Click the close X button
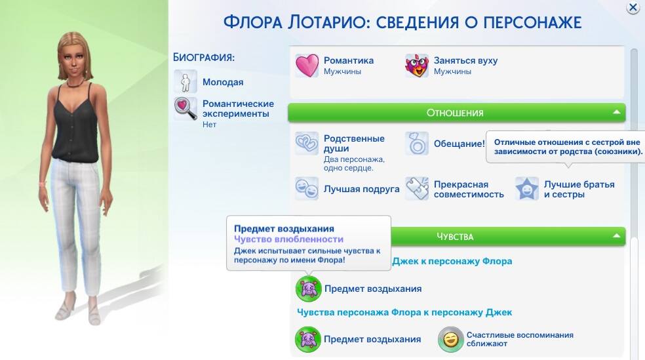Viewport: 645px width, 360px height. tap(633, 7)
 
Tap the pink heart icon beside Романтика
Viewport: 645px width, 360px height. tap(307, 66)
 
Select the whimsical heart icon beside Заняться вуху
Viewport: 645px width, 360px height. tap(417, 66)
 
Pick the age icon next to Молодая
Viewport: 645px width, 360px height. tap(185, 81)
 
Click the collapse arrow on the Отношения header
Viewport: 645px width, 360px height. tap(616, 112)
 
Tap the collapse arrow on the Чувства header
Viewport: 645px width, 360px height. tap(616, 236)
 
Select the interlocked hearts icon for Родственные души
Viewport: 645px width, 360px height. tap(307, 143)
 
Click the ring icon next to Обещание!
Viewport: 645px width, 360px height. tap(417, 143)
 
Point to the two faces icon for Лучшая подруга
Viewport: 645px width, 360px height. tap(307, 188)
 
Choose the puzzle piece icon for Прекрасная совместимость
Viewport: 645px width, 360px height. tap(417, 188)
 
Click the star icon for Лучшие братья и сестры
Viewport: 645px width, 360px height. tap(527, 188)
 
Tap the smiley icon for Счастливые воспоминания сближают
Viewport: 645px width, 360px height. tap(450, 339)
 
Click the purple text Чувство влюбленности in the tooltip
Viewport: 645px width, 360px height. tap(289, 239)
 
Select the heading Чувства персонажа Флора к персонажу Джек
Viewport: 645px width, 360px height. tap(404, 312)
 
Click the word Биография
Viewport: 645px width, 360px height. tap(204, 57)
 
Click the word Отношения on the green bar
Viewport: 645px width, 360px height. tap(454, 113)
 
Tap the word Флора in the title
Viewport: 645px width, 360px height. tap(253, 22)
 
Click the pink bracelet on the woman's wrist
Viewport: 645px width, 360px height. tap(43, 183)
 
